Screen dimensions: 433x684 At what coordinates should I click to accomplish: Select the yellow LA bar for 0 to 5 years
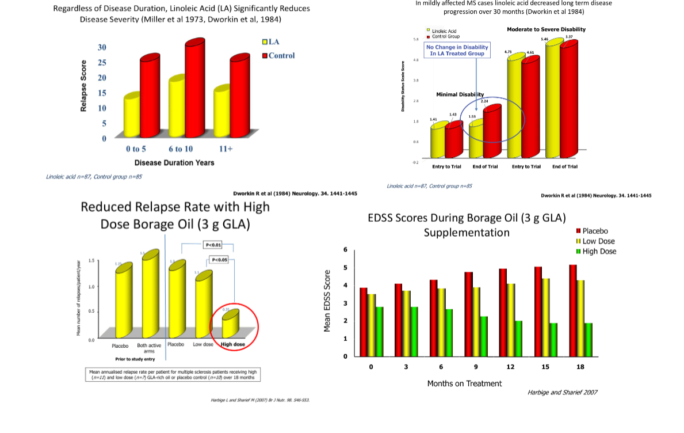tap(132, 115)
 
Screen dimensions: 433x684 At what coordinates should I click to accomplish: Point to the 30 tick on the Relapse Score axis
tap(101, 47)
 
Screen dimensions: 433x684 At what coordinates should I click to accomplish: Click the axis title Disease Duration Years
tap(174, 163)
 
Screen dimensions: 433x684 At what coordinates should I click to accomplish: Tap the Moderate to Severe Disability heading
tap(547, 29)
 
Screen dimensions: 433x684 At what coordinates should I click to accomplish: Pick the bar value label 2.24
tap(484, 101)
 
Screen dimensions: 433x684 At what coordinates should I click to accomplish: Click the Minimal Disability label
tap(460, 94)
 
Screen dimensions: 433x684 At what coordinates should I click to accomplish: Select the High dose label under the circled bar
tap(234, 344)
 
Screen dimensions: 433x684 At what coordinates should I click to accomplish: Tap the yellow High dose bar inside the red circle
tap(231, 324)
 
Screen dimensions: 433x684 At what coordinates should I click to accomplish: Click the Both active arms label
tap(149, 348)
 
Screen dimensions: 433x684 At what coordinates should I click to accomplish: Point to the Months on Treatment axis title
tap(464, 383)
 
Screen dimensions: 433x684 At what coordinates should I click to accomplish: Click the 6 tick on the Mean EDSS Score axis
tap(345, 250)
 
